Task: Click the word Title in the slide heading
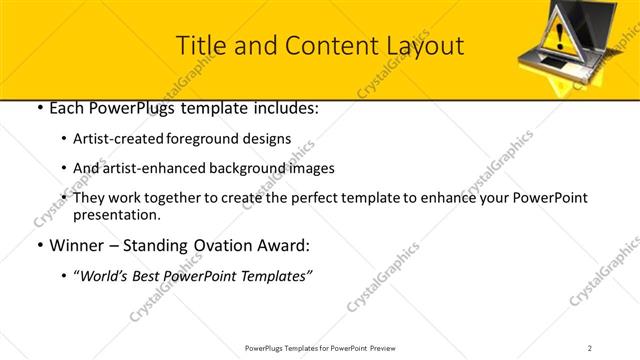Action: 199,46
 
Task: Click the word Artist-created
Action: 120,139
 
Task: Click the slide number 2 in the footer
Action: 590,348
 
